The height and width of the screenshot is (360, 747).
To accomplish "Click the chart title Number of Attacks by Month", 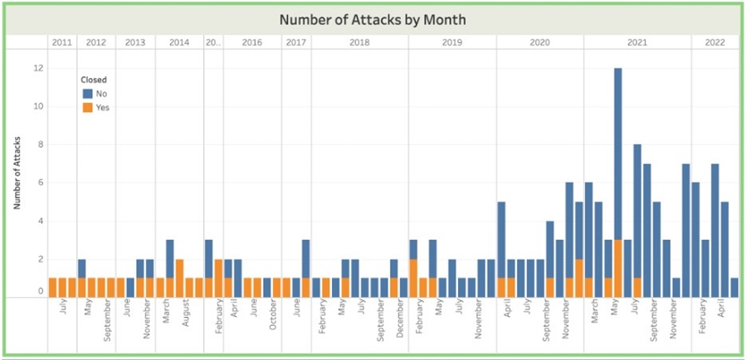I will [x=373, y=19].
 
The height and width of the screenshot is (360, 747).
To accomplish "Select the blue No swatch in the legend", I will [x=86, y=93].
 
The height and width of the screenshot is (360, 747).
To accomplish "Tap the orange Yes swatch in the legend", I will [x=86, y=107].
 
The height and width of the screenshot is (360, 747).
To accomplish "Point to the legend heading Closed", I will [x=92, y=80].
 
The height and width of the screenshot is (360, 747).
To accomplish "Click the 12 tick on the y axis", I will [x=37, y=68].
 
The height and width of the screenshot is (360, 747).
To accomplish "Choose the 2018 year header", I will [x=359, y=41].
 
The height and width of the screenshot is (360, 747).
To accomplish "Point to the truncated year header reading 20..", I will [x=212, y=41].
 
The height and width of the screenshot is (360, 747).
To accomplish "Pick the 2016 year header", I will [x=252, y=41].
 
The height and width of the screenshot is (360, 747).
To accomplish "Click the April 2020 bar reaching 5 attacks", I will [x=501, y=249].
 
